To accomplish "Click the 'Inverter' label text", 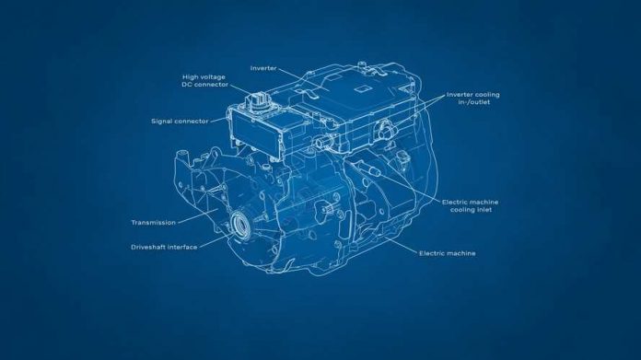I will click(x=263, y=67).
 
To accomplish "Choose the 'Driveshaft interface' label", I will click(x=163, y=247).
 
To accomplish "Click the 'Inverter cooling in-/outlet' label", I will click(x=473, y=99).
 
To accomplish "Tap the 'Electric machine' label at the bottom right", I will click(x=448, y=252).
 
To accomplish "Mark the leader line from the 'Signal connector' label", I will click(x=216, y=121).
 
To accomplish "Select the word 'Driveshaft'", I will click(x=150, y=247).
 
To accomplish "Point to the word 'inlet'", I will click(x=484, y=211).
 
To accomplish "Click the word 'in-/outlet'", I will click(x=462, y=103).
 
